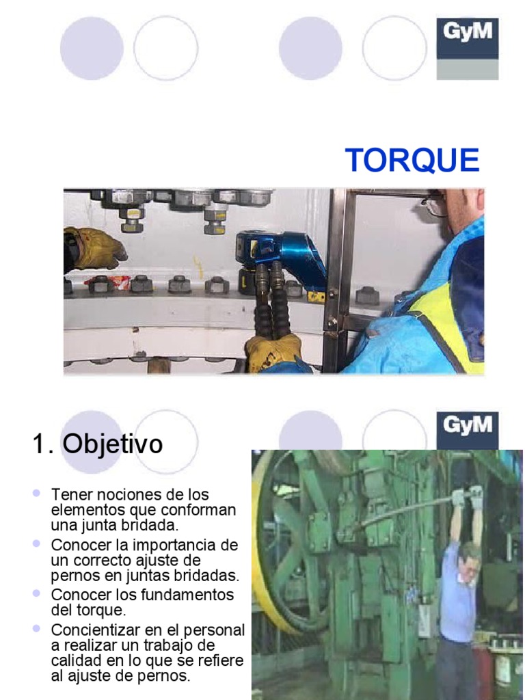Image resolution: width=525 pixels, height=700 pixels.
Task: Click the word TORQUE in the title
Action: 412,160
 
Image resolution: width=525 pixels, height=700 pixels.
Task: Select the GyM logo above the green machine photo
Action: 468,425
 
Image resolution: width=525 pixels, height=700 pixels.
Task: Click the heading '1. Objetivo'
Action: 97,444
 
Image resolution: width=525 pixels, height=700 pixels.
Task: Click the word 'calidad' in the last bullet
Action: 74,660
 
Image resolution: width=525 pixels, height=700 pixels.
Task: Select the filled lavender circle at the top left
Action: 92,48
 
